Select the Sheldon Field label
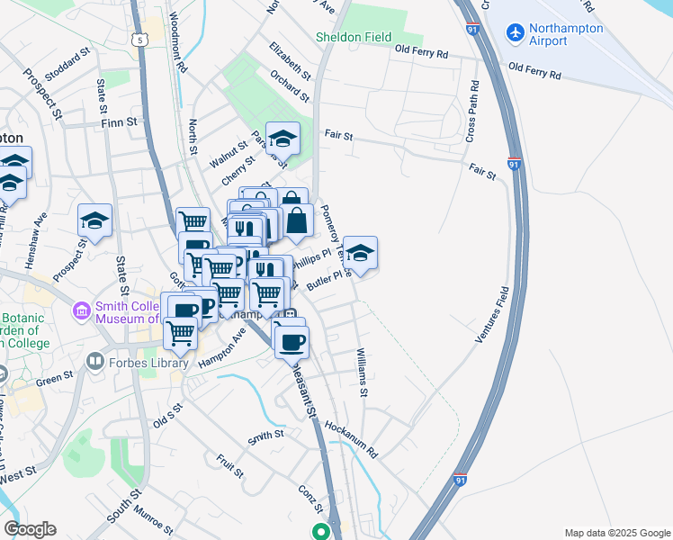point(353,37)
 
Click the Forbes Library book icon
point(94,361)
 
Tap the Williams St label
point(363,373)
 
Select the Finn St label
point(119,121)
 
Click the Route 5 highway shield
point(139,39)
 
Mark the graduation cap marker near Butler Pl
point(360,253)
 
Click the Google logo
point(30,529)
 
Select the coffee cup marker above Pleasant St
point(292,340)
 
